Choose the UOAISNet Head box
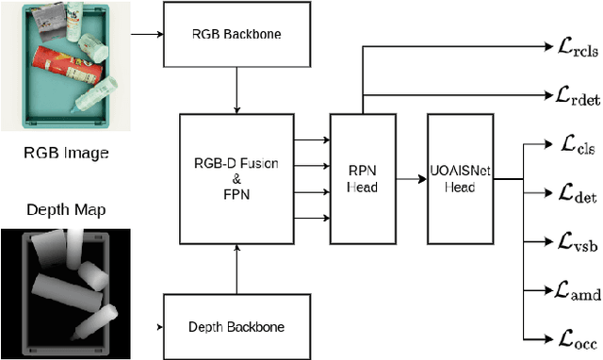click(460, 180)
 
